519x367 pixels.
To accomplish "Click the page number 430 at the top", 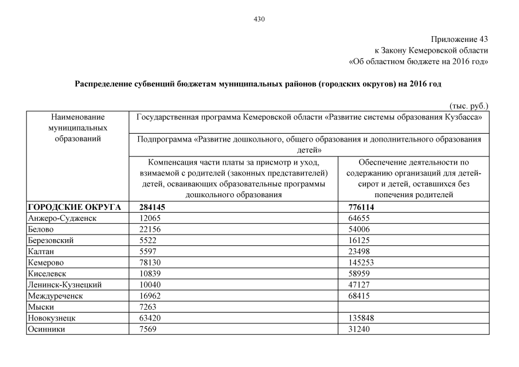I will [x=259, y=19].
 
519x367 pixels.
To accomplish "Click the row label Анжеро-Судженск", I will [x=62, y=218].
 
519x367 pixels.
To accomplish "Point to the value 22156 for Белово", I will [x=151, y=229].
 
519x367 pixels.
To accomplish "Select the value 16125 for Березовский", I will [x=359, y=240].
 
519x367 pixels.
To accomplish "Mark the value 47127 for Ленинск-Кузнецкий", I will [x=359, y=284].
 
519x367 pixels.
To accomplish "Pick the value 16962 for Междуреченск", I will [x=151, y=296].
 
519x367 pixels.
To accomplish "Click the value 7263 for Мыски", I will [x=149, y=307].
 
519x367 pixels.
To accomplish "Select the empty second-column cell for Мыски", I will [x=413, y=307].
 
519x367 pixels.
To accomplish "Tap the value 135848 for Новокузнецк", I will [x=361, y=318].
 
